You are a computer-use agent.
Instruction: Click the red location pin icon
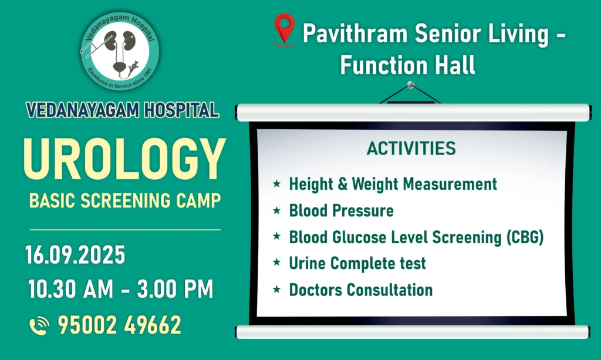click(x=285, y=29)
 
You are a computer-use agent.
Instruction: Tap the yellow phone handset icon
click(x=39, y=325)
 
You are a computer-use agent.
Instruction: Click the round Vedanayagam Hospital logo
click(x=120, y=51)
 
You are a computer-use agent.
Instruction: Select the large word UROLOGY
click(x=124, y=159)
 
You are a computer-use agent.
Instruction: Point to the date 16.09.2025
click(x=75, y=255)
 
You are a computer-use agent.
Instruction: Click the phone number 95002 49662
click(x=120, y=325)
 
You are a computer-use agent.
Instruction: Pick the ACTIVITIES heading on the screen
click(x=411, y=149)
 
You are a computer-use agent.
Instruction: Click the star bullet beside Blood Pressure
click(x=277, y=210)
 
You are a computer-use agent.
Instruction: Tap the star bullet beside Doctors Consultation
click(x=277, y=290)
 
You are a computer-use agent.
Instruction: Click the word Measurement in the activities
click(x=450, y=184)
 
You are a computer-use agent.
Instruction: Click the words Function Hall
click(x=407, y=65)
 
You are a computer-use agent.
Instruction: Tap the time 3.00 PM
click(x=175, y=289)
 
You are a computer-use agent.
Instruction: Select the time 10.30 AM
click(x=70, y=289)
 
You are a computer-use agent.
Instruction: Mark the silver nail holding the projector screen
click(x=410, y=85)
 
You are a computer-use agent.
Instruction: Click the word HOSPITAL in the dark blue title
click(x=181, y=110)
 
